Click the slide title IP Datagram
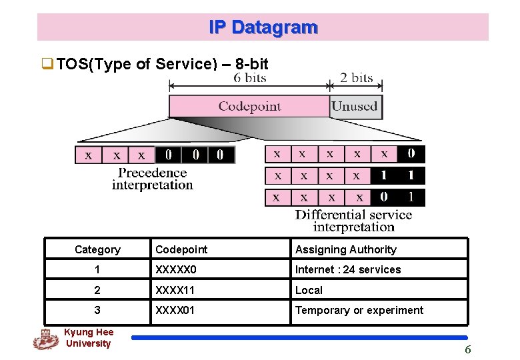tap(263, 27)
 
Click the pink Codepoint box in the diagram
tap(249, 107)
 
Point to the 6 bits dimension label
tap(250, 78)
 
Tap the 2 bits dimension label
tap(357, 78)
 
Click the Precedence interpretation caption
tap(153, 179)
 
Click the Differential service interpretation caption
tap(353, 221)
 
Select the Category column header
tap(97, 249)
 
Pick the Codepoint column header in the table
tap(181, 249)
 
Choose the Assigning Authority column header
tap(345, 249)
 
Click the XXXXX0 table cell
tap(177, 269)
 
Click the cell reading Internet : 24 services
tap(348, 269)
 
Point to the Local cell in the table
tap(309, 290)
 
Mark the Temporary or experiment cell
tap(359, 310)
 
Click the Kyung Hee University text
tap(88, 338)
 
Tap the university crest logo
tap(45, 339)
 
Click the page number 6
tap(467, 349)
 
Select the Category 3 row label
tap(97, 310)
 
